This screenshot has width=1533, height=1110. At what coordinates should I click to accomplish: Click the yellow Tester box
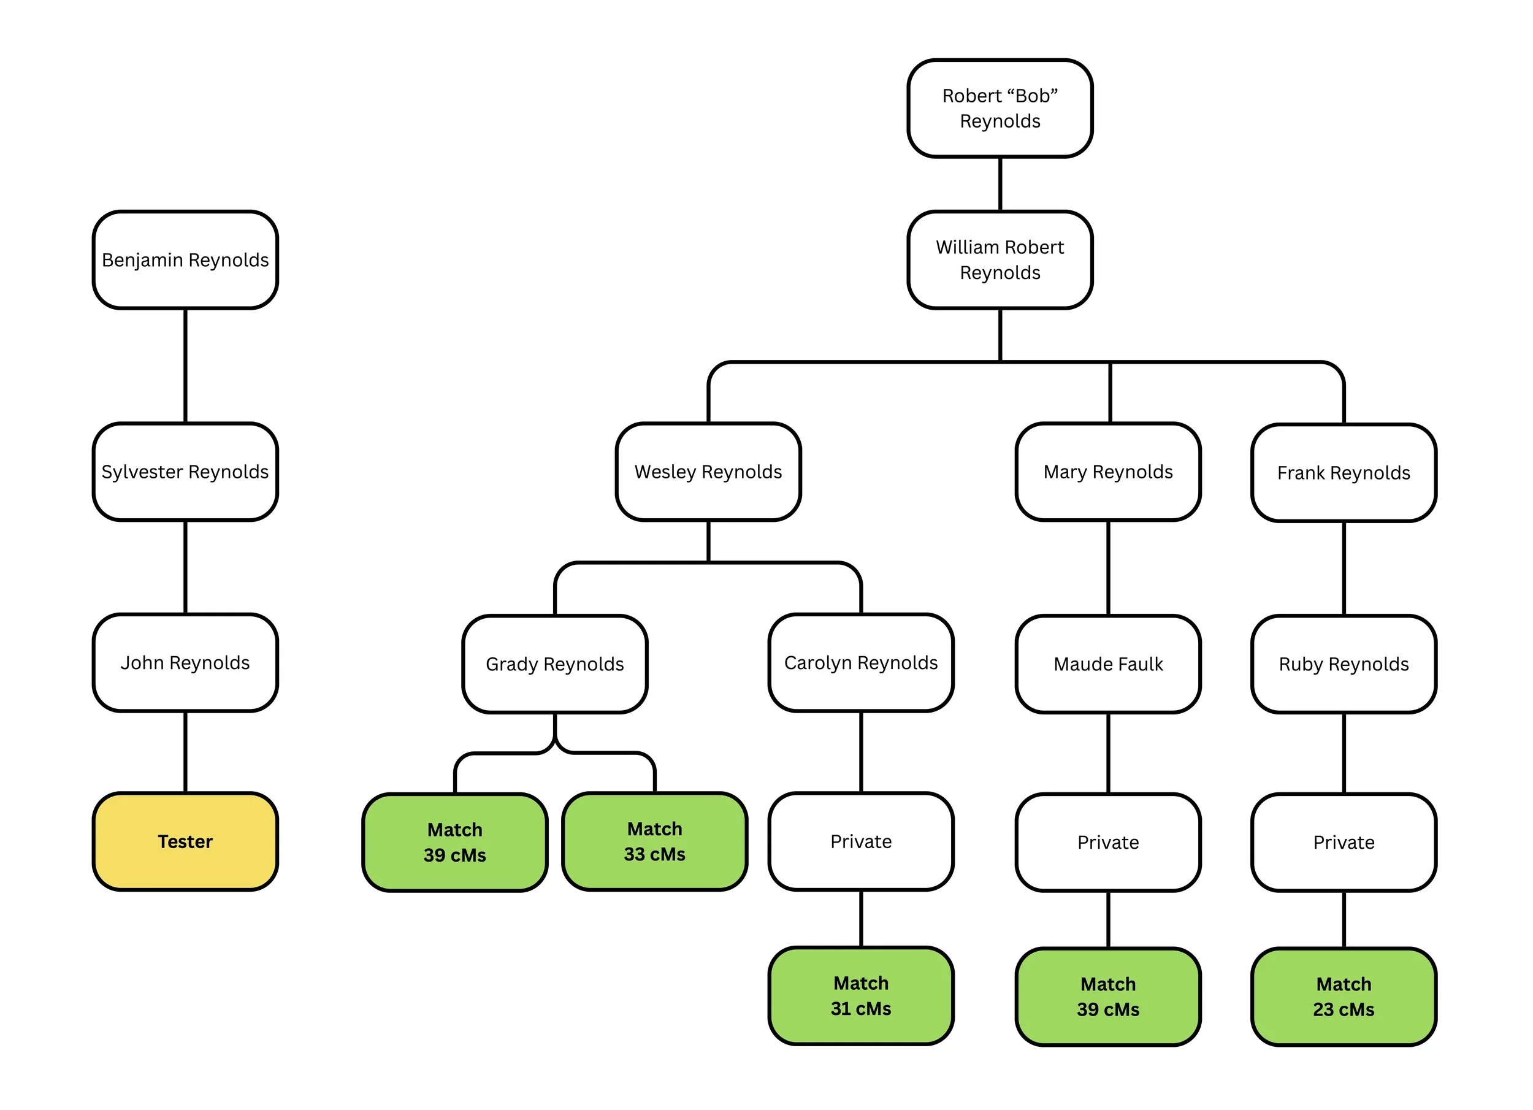[x=185, y=841]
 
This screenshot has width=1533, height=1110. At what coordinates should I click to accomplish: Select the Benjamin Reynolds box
[x=185, y=259]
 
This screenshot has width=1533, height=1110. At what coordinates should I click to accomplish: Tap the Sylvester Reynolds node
[x=185, y=471]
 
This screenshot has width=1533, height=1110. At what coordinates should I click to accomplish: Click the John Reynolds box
[x=185, y=662]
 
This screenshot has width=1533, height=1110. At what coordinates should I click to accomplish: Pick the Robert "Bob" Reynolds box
[x=1000, y=108]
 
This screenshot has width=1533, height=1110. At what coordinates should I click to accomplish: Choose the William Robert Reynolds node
[x=1000, y=259]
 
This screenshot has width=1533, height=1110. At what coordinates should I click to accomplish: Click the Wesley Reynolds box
[x=708, y=471]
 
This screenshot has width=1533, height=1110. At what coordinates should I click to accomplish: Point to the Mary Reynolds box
[x=1108, y=471]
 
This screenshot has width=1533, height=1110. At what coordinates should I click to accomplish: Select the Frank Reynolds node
[x=1344, y=473]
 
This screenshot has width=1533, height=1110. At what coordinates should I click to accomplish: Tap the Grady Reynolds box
[x=554, y=664]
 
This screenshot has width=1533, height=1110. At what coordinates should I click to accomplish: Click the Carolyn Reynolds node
[x=860, y=662]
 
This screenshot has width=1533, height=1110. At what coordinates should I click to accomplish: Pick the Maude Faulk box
[x=1108, y=664]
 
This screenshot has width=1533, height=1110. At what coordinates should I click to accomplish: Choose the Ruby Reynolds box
[x=1344, y=664]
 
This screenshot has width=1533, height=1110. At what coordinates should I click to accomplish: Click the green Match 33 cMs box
[x=654, y=841]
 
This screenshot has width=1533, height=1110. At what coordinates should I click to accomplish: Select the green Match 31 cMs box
[x=860, y=996]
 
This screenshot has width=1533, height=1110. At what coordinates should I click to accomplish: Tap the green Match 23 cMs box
[x=1344, y=997]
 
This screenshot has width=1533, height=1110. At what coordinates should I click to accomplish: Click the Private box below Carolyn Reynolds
[x=860, y=841]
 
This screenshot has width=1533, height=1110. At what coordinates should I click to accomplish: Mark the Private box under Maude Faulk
[x=1108, y=842]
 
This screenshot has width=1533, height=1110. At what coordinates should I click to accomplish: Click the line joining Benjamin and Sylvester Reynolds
[x=185, y=366]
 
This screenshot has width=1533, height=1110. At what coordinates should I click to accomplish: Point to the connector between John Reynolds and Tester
[x=185, y=752]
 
